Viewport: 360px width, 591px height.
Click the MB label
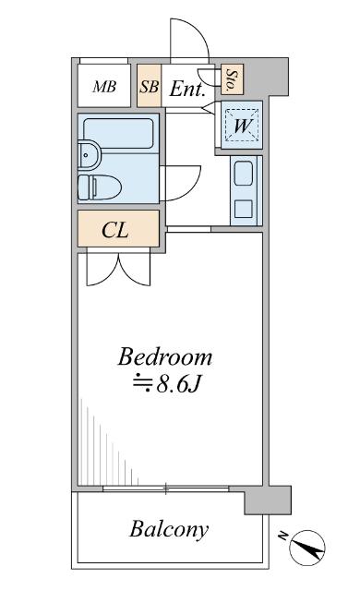[x=104, y=88]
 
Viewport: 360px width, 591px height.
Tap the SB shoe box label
[x=149, y=88]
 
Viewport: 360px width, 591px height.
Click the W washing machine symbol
[x=243, y=124]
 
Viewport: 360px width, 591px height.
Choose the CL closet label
[x=114, y=230]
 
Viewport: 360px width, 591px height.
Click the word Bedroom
[x=165, y=356]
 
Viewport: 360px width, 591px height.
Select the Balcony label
[x=168, y=530]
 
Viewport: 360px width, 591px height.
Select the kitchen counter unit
[x=245, y=189]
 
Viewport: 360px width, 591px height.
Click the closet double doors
[x=117, y=270]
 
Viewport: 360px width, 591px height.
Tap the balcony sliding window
[x=166, y=487]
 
